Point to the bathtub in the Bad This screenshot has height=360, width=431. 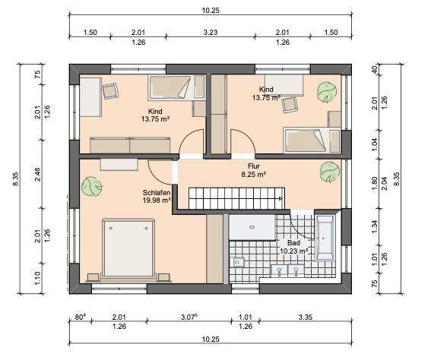pyautogui.click(x=328, y=238)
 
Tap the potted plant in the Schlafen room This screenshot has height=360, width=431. pyautogui.click(x=93, y=185)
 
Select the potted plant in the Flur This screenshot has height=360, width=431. pyautogui.click(x=328, y=168)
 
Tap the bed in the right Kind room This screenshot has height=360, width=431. pyautogui.click(x=307, y=137)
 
